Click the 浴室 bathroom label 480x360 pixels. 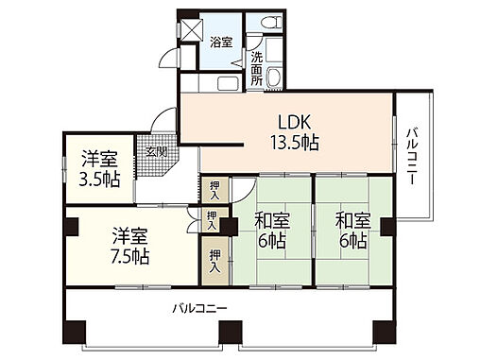coord(220,43)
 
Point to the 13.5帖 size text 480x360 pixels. coord(296,143)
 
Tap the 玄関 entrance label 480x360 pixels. coord(154,150)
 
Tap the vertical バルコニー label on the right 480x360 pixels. coord(413,151)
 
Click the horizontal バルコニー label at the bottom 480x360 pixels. coord(199,308)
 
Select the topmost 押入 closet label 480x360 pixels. coord(214,190)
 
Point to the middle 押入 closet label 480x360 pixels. coord(214,222)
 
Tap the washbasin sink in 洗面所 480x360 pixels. coord(276,78)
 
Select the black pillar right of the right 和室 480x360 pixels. coord(386,226)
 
